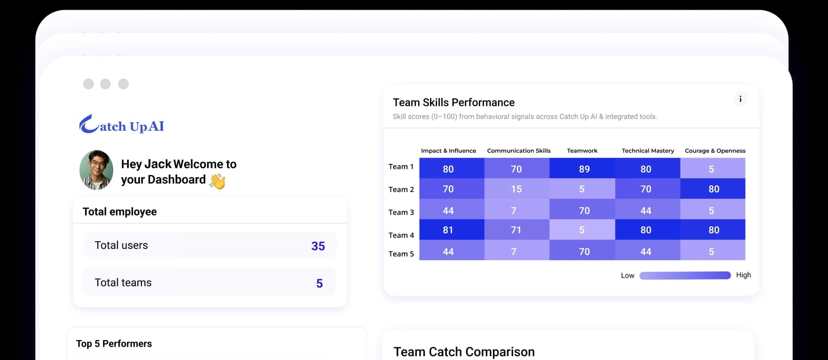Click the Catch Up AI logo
pyautogui.click(x=121, y=124)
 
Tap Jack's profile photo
pyautogui.click(x=96, y=170)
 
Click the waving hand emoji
pyautogui.click(x=217, y=181)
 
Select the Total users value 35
pyautogui.click(x=318, y=246)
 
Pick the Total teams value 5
pyautogui.click(x=319, y=283)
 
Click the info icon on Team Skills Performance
pyautogui.click(x=740, y=99)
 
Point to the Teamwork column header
pyautogui.click(x=582, y=151)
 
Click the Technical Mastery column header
pyautogui.click(x=648, y=151)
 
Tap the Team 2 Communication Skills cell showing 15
pyautogui.click(x=516, y=188)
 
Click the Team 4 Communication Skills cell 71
pyautogui.click(x=516, y=230)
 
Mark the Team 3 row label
pyautogui.click(x=401, y=212)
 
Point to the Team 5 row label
pyautogui.click(x=401, y=253)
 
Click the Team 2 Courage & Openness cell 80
pyautogui.click(x=713, y=188)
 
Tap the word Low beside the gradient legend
pyautogui.click(x=627, y=276)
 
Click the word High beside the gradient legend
pyautogui.click(x=743, y=275)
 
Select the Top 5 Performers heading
pyautogui.click(x=114, y=344)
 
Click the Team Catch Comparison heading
pyautogui.click(x=464, y=352)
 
